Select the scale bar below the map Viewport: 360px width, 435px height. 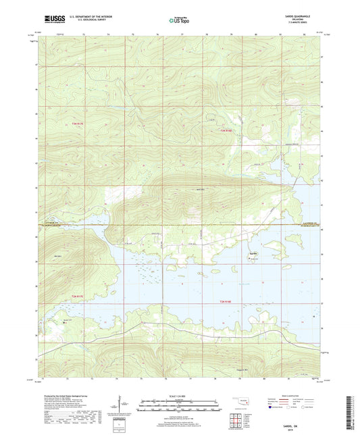(179, 407)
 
